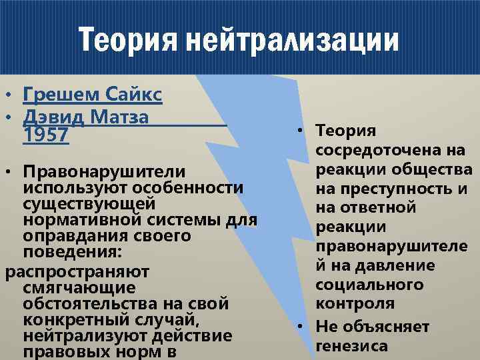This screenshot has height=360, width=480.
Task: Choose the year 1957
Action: pyautogui.click(x=45, y=135)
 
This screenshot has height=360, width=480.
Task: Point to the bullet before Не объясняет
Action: pyautogui.click(x=303, y=327)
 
